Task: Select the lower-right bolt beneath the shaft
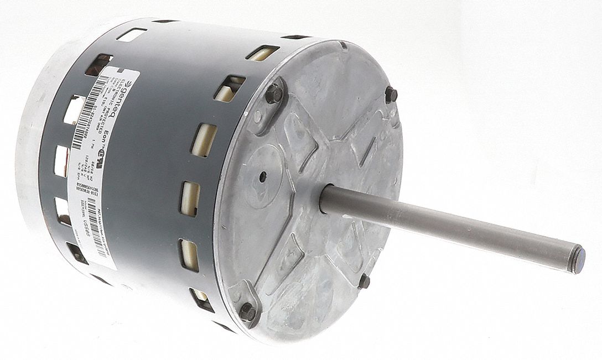click(x=364, y=281)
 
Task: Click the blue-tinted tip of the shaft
click(x=577, y=259)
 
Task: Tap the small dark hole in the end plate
click(x=263, y=178)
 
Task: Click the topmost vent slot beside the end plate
click(x=262, y=53)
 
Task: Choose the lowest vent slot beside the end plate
click(x=201, y=299)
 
